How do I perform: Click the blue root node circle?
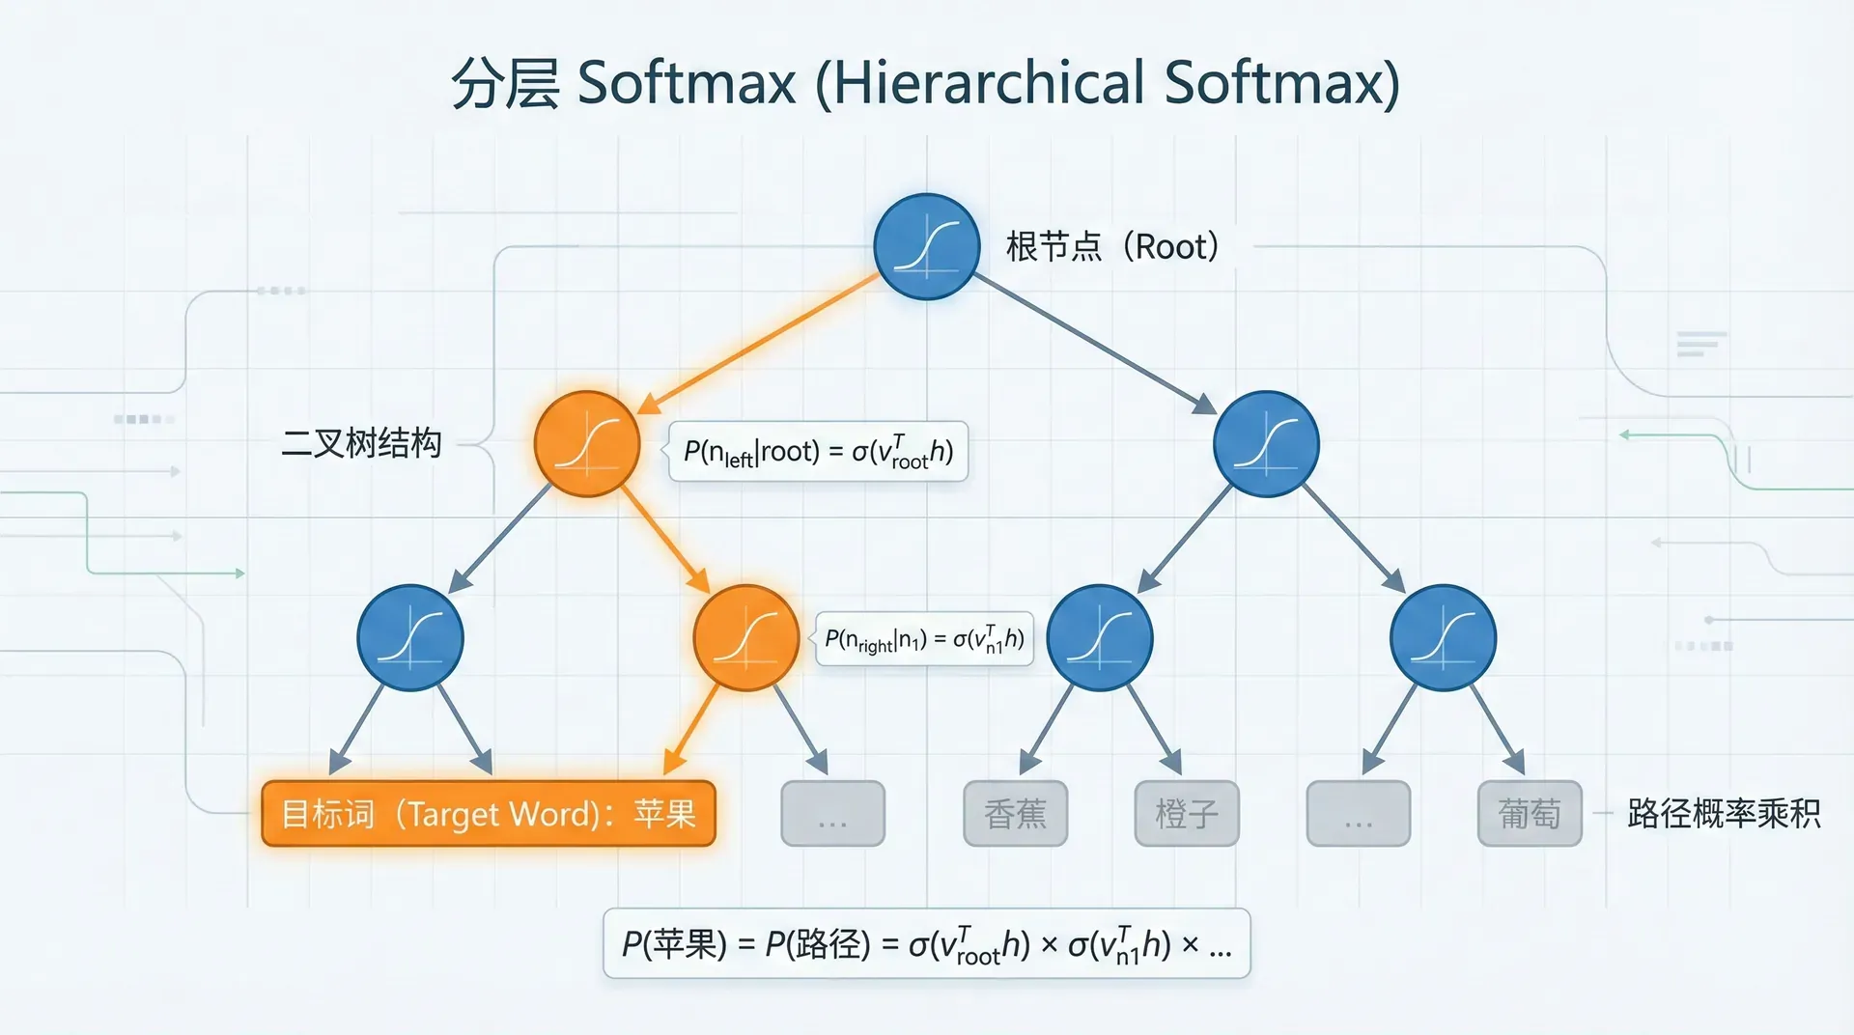(x=926, y=247)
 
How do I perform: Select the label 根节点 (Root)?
(x=1112, y=247)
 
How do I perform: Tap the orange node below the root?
(x=587, y=444)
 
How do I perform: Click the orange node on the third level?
(x=745, y=638)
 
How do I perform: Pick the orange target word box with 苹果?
(x=489, y=814)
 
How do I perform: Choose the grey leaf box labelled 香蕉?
(x=1015, y=814)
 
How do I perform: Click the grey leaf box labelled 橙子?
(x=1186, y=814)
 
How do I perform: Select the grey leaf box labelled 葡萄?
(x=1529, y=814)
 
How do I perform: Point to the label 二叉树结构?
(x=361, y=443)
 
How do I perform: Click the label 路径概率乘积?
(x=1724, y=814)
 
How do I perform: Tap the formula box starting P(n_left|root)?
(x=818, y=451)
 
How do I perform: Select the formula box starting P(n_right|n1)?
(x=924, y=639)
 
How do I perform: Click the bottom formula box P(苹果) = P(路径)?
(x=926, y=943)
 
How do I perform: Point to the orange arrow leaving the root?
(x=759, y=343)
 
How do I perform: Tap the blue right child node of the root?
(x=1265, y=444)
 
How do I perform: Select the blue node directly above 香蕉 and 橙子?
(x=1099, y=638)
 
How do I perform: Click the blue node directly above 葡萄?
(x=1443, y=638)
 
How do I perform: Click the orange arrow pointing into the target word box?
(x=693, y=729)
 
